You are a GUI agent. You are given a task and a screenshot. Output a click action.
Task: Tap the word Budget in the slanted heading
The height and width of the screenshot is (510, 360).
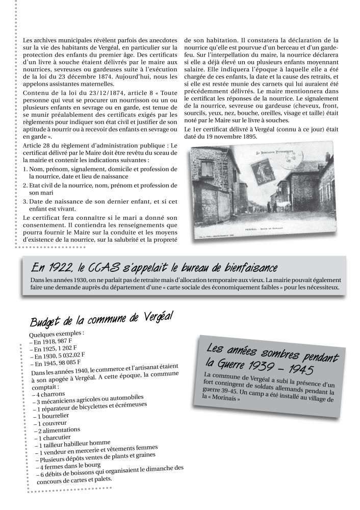(46, 323)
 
